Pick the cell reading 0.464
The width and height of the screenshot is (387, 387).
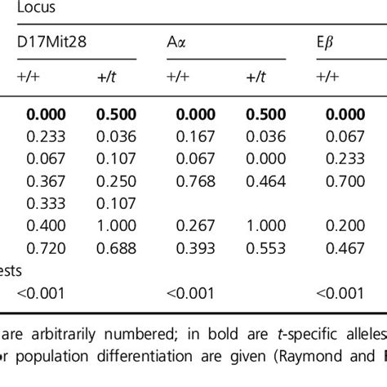265,180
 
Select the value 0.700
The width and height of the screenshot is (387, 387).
345,180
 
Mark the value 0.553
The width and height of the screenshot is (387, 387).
265,247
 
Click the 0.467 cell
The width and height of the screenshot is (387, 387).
345,247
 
